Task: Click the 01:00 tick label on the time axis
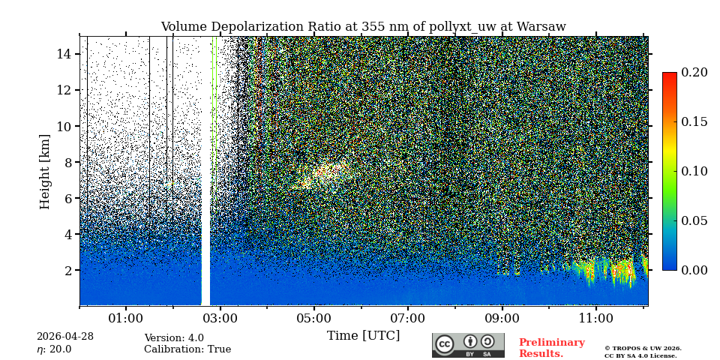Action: tap(126, 319)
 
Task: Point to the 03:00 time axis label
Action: tap(220, 319)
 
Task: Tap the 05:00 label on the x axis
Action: tap(314, 319)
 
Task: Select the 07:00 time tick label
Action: tap(408, 319)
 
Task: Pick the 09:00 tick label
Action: tap(502, 319)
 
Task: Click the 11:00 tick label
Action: tap(596, 319)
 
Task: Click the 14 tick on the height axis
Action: tap(64, 54)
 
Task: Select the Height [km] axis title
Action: tap(45, 171)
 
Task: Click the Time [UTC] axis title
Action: tap(363, 336)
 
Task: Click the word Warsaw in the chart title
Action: tap(541, 27)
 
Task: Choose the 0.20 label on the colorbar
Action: tap(694, 73)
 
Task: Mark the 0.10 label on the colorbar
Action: tap(694, 171)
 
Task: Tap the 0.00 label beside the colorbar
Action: tap(694, 270)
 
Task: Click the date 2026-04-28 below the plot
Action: tap(65, 337)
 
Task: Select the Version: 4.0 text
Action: tap(174, 338)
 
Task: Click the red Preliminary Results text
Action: tap(551, 348)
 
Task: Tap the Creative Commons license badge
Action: tap(468, 345)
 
